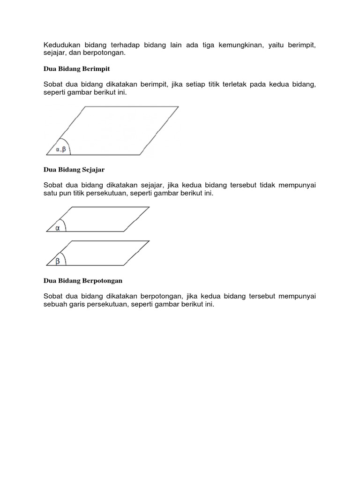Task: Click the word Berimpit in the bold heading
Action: (x=97, y=69)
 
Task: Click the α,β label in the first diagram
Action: (x=62, y=150)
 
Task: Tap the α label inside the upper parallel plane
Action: (x=58, y=228)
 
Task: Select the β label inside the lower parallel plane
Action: (x=58, y=262)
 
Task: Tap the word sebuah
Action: (x=56, y=304)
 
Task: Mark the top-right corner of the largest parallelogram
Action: (x=179, y=107)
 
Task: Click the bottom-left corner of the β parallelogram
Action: (x=46, y=265)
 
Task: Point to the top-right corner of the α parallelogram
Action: (x=150, y=207)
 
